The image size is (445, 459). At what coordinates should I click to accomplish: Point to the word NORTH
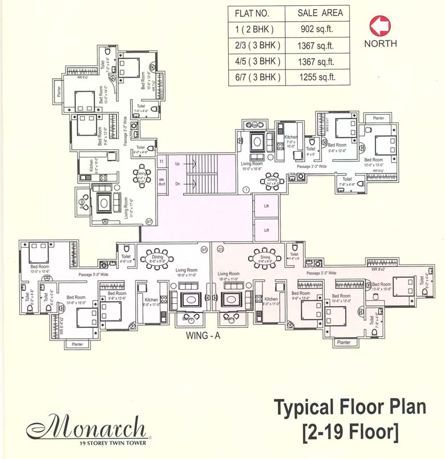(381, 43)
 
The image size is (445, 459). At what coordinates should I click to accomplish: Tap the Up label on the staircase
(177, 164)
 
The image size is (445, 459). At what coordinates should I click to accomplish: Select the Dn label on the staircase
(177, 184)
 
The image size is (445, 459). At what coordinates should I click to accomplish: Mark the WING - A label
(203, 335)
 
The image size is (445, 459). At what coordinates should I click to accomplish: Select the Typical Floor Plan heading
(350, 408)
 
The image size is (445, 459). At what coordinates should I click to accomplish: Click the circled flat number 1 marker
(245, 189)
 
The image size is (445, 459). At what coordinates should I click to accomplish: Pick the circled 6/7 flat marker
(149, 221)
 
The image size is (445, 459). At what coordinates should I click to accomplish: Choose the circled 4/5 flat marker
(204, 249)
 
